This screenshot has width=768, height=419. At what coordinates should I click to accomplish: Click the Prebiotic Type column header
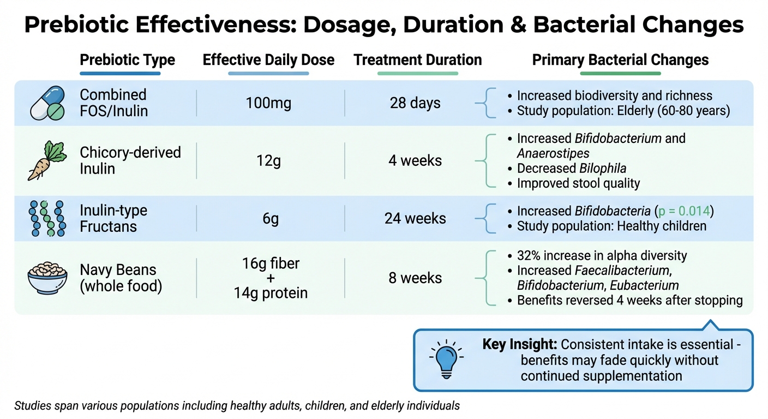(x=127, y=60)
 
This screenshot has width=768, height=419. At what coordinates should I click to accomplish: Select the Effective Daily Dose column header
(x=268, y=60)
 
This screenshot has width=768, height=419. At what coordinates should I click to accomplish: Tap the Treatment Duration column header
(x=418, y=60)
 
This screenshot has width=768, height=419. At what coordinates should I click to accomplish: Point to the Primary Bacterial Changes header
(x=620, y=60)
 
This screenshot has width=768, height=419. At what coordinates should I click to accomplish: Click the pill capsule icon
(x=47, y=103)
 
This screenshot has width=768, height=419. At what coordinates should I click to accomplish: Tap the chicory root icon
(x=47, y=160)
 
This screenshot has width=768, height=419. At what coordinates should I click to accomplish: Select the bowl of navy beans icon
(x=47, y=278)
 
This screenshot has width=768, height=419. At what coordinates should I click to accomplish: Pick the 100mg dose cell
(x=268, y=103)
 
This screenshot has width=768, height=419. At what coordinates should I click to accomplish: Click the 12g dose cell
(x=268, y=161)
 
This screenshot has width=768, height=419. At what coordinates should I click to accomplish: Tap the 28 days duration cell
(x=415, y=103)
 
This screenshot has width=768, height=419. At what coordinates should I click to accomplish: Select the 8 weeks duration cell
(x=415, y=278)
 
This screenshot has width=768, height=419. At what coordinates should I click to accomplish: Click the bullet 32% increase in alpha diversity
(x=602, y=255)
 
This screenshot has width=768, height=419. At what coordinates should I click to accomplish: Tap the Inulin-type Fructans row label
(x=113, y=218)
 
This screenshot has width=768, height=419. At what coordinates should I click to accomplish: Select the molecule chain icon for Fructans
(x=47, y=218)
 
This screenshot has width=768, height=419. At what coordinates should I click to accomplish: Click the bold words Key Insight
(x=519, y=345)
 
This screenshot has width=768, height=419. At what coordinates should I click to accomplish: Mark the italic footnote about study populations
(x=237, y=406)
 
